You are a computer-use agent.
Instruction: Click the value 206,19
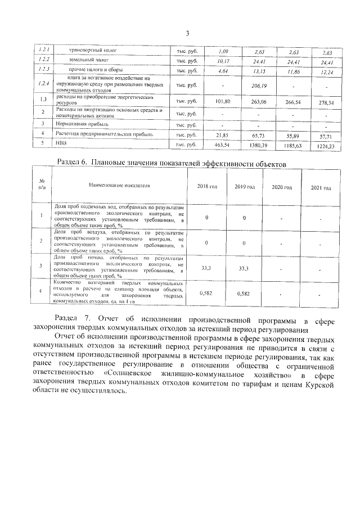[259, 85]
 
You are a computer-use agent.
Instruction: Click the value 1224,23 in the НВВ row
[325, 146]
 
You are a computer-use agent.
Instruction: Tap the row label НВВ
[61, 144]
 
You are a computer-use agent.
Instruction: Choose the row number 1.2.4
[41, 84]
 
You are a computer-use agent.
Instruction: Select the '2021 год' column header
[321, 187]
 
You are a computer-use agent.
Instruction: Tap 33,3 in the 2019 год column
[244, 269]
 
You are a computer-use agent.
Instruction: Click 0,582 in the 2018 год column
[207, 294]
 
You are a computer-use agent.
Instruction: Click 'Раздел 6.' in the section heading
[74, 162]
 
